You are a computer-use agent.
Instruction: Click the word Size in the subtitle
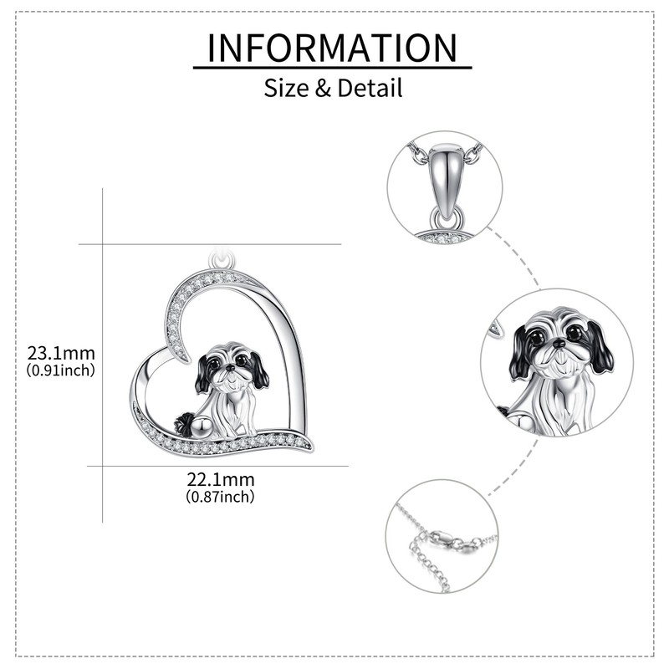click(287, 87)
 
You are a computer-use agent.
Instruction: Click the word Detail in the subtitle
click(370, 87)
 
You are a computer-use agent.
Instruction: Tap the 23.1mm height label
click(61, 352)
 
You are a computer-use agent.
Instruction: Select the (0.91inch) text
click(61, 369)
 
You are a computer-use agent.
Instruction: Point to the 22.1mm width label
click(220, 480)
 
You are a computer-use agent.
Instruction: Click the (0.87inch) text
click(220, 497)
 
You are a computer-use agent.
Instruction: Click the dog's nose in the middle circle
click(558, 343)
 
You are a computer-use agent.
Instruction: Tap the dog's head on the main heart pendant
click(229, 364)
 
